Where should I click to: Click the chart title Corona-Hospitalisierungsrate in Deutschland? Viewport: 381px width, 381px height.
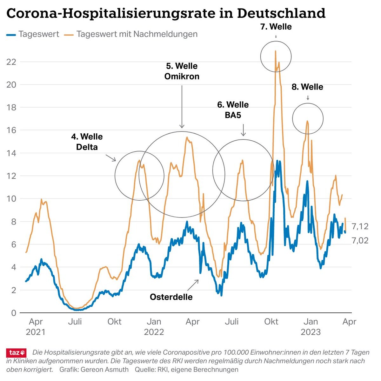(166, 13)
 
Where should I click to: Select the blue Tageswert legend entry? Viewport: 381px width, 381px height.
(33, 34)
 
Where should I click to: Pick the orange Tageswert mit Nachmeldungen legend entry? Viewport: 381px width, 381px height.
(131, 34)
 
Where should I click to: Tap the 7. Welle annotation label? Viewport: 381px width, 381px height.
(276, 27)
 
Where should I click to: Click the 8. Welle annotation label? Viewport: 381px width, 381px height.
(307, 87)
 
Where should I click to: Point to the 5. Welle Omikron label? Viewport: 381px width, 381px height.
(182, 71)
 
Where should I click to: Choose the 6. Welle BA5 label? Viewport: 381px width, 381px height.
(233, 110)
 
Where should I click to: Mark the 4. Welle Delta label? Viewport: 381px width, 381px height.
(87, 142)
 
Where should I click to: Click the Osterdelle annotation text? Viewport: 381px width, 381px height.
(171, 297)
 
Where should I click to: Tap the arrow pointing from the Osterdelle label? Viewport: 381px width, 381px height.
(193, 285)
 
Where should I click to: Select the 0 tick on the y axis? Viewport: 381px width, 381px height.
(13, 313)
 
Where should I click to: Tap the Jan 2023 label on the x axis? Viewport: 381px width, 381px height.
(311, 327)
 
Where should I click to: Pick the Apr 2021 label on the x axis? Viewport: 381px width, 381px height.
(36, 327)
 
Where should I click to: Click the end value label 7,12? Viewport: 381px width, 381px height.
(360, 226)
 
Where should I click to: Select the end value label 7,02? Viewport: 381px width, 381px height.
(360, 241)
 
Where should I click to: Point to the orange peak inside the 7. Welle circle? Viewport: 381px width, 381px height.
(276, 51)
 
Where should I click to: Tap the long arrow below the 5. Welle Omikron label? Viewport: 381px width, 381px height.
(182, 106)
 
